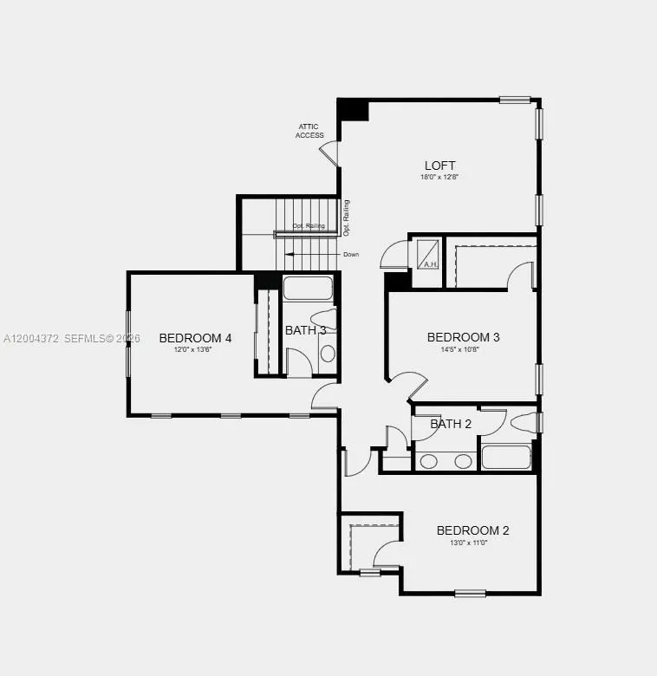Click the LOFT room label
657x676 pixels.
click(x=439, y=166)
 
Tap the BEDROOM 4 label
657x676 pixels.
click(x=195, y=338)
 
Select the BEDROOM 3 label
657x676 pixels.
click(x=463, y=337)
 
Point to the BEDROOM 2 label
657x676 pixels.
click(x=472, y=530)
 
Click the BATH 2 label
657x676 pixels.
click(x=451, y=424)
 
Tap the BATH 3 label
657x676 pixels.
click(x=305, y=330)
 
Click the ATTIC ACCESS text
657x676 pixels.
click(x=309, y=131)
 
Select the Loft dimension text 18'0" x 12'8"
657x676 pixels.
click(x=439, y=177)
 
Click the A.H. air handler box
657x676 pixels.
click(x=428, y=253)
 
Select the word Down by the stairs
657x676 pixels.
click(x=350, y=255)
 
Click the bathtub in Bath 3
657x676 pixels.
click(x=309, y=289)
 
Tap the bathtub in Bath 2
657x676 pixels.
click(x=505, y=457)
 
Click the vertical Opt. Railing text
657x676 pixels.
click(x=346, y=218)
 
